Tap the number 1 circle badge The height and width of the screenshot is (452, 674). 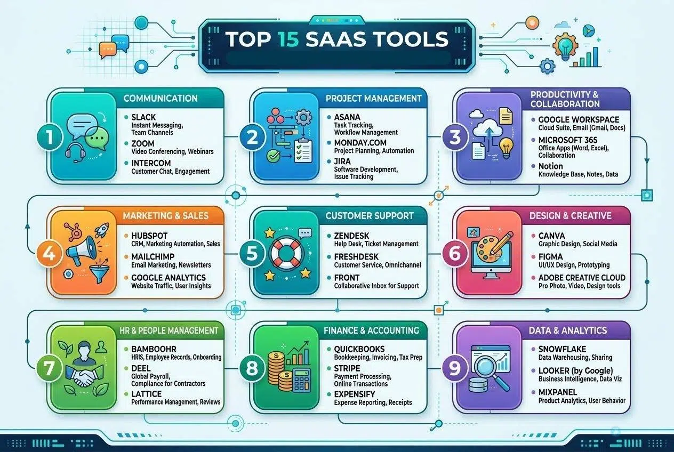(50, 137)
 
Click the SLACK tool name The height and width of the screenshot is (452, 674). (143, 117)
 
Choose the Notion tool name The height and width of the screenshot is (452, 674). (551, 166)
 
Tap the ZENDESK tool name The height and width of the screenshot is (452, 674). (352, 235)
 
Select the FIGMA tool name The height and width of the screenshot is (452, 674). (551, 256)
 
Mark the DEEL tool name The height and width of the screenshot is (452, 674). (141, 368)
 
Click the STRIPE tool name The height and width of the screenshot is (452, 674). (347, 368)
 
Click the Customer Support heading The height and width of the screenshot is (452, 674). (370, 216)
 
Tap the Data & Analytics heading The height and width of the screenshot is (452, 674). (567, 330)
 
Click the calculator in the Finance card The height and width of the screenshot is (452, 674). (302, 381)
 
